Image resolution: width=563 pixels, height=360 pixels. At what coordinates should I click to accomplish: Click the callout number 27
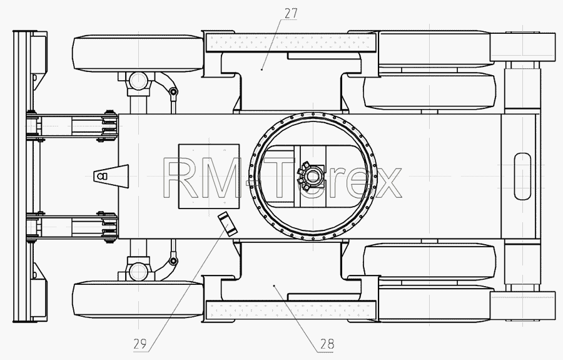(x=291, y=13)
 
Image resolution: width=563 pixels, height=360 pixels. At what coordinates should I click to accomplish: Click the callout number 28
(x=327, y=344)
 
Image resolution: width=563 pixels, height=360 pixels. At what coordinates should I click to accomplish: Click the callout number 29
(x=140, y=344)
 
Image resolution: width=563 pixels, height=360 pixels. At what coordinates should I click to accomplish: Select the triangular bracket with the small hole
(x=111, y=177)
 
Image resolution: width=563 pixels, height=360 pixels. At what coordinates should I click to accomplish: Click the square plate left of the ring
(x=209, y=177)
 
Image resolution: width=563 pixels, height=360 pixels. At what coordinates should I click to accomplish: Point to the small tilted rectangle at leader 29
(x=228, y=224)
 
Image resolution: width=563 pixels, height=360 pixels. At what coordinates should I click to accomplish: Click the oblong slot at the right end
(x=522, y=176)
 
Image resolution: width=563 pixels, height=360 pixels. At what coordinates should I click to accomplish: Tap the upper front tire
(x=138, y=53)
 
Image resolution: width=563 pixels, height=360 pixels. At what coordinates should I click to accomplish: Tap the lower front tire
(x=138, y=300)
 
